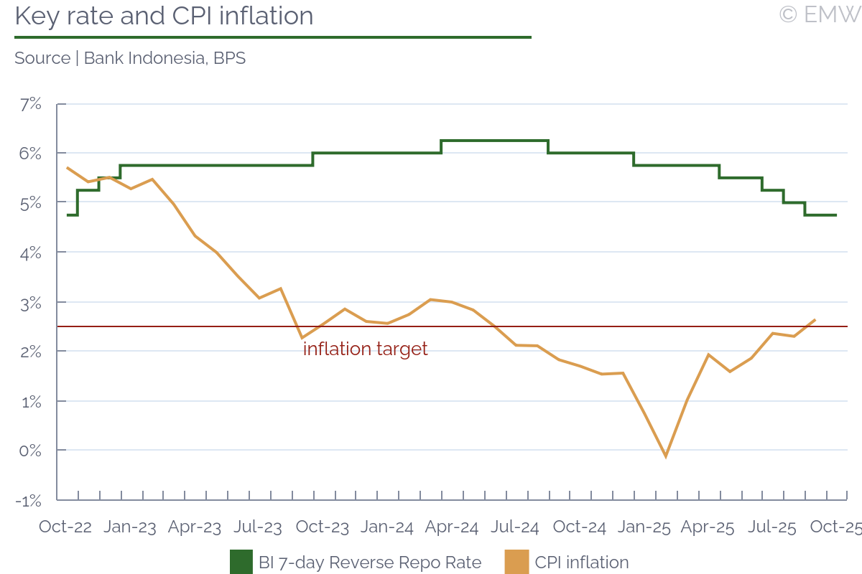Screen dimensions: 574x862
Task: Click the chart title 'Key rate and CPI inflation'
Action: (x=164, y=16)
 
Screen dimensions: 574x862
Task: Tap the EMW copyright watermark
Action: (x=819, y=14)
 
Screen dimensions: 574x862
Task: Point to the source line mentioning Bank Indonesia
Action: (x=130, y=58)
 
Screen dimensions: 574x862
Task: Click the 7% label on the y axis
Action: (x=30, y=104)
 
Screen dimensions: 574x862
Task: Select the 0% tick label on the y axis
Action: (x=30, y=451)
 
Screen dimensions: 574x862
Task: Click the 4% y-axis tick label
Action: (x=30, y=253)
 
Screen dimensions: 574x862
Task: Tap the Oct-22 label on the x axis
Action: (x=65, y=527)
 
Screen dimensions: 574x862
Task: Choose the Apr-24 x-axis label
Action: (x=452, y=527)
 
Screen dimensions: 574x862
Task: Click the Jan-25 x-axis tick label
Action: (x=644, y=527)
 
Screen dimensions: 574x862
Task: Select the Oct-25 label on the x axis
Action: (x=835, y=527)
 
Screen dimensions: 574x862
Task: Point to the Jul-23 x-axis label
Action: (x=258, y=527)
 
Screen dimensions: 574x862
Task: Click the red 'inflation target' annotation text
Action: (x=365, y=349)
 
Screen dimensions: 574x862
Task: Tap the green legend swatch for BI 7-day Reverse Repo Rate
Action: (x=241, y=562)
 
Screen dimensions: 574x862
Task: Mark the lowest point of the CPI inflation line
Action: (x=666, y=456)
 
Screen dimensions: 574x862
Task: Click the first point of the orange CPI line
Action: (x=67, y=168)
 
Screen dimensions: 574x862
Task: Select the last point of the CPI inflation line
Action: (x=815, y=320)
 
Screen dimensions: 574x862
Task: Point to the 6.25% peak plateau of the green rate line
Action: (x=494, y=141)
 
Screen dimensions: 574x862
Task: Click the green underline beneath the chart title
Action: (x=273, y=37)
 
